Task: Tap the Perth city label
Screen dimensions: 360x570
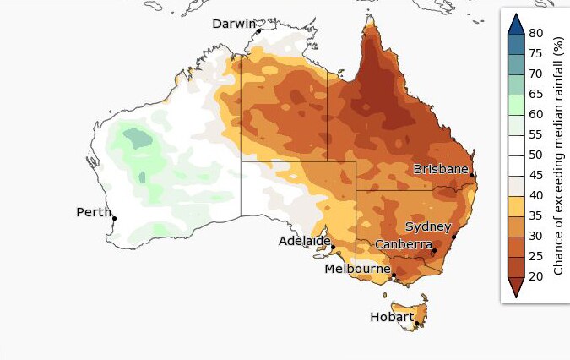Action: point(93,212)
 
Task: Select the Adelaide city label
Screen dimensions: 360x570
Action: point(304,241)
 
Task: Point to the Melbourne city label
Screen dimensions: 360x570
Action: point(357,269)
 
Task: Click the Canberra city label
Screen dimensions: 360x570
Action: point(403,244)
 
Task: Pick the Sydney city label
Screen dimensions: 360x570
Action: point(428,226)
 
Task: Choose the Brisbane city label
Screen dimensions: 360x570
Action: point(440,169)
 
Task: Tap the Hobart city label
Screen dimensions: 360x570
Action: point(392,317)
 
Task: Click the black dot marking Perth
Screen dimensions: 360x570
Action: point(114,219)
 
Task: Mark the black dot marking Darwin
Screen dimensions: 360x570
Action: point(258,31)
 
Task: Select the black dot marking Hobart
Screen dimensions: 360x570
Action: point(416,324)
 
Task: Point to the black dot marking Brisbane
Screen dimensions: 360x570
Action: point(472,176)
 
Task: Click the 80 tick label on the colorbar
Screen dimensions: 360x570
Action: point(536,34)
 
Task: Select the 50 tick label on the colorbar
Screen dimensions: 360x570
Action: point(536,155)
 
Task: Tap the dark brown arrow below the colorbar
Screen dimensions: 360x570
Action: point(514,287)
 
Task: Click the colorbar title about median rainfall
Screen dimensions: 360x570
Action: point(558,155)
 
